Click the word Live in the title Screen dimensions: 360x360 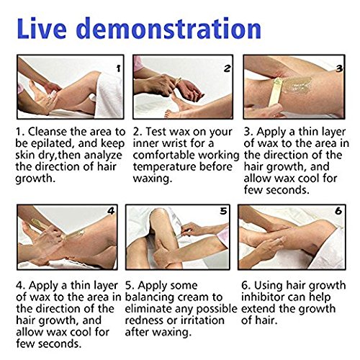tap(42, 28)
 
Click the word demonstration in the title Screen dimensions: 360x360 tap(170, 28)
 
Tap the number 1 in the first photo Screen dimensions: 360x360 tap(118, 68)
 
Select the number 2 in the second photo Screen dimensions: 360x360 tap(227, 68)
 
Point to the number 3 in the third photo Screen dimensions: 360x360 tap(339, 68)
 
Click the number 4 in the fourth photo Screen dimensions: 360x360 tap(111, 211)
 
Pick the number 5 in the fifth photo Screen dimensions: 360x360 tap(223, 211)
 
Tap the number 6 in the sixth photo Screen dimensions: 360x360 tap(338, 211)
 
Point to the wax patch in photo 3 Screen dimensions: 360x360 tap(297, 84)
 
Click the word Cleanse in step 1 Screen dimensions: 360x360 tap(48, 132)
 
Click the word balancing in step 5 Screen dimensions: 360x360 tap(148, 297)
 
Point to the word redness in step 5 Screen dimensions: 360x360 tap(143, 320)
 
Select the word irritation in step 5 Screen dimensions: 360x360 tap(202, 320)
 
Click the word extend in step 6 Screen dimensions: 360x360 tap(258, 309)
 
